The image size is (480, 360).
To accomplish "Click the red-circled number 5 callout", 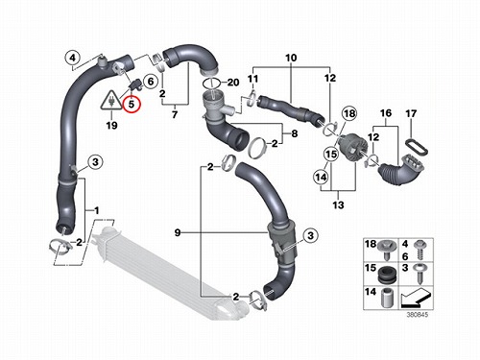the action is click(132, 104).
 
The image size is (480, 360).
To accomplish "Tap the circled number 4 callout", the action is click(73, 59).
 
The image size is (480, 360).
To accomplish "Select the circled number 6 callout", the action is click(151, 82).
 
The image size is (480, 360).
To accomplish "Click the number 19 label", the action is click(111, 125).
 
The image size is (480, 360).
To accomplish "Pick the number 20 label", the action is click(233, 83).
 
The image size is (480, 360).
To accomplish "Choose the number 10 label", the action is click(291, 58).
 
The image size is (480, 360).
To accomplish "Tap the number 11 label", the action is click(252, 79).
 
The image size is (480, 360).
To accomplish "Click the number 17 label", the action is click(411, 113).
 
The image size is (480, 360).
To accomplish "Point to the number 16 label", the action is click(386, 113).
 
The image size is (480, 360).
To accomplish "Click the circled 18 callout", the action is click(349, 113).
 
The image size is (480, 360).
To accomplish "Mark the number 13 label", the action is click(338, 204).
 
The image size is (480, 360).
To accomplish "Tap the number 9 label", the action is click(178, 232).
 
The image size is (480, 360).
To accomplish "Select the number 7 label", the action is click(175, 114).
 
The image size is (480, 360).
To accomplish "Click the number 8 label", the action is click(295, 133).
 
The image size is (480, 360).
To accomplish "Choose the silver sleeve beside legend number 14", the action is click(387, 298).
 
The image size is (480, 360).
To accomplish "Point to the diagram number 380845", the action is click(417, 315).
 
